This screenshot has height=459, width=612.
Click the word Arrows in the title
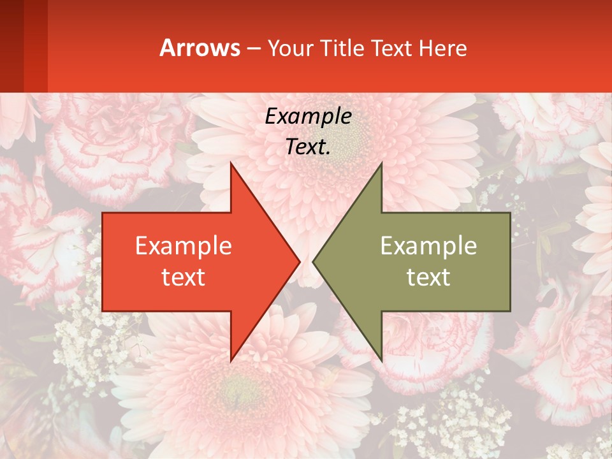tap(200, 48)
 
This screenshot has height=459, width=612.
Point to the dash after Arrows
tap(253, 48)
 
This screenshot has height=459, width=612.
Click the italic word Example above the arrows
tap(308, 116)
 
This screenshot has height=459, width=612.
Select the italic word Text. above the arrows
tap(308, 147)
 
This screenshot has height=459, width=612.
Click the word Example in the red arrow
tap(183, 245)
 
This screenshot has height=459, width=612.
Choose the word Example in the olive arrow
tap(428, 245)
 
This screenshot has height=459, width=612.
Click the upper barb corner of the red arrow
tap(231, 164)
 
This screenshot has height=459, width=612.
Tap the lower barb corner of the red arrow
tap(231, 360)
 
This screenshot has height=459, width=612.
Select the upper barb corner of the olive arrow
tap(381, 164)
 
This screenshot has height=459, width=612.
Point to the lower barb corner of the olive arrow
tap(381, 360)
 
